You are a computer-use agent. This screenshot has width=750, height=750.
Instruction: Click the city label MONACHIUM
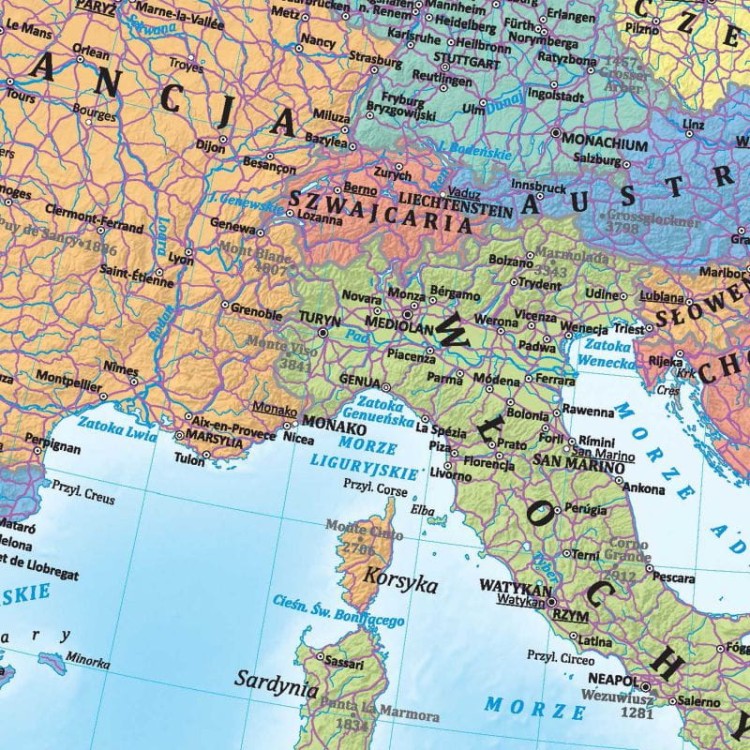click(606, 142)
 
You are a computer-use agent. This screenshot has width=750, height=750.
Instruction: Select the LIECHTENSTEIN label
click(449, 197)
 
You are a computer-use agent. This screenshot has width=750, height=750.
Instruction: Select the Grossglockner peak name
click(653, 219)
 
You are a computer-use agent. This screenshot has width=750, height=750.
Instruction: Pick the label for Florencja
click(488, 464)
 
